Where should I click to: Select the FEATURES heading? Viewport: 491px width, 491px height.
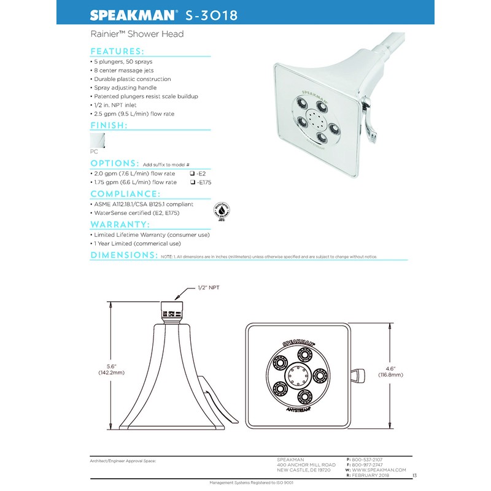(x=117, y=52)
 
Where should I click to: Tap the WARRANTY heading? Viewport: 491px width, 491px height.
(x=120, y=224)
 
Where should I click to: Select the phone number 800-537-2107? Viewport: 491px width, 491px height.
(x=370, y=459)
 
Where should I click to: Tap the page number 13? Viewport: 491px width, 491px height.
(x=415, y=476)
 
